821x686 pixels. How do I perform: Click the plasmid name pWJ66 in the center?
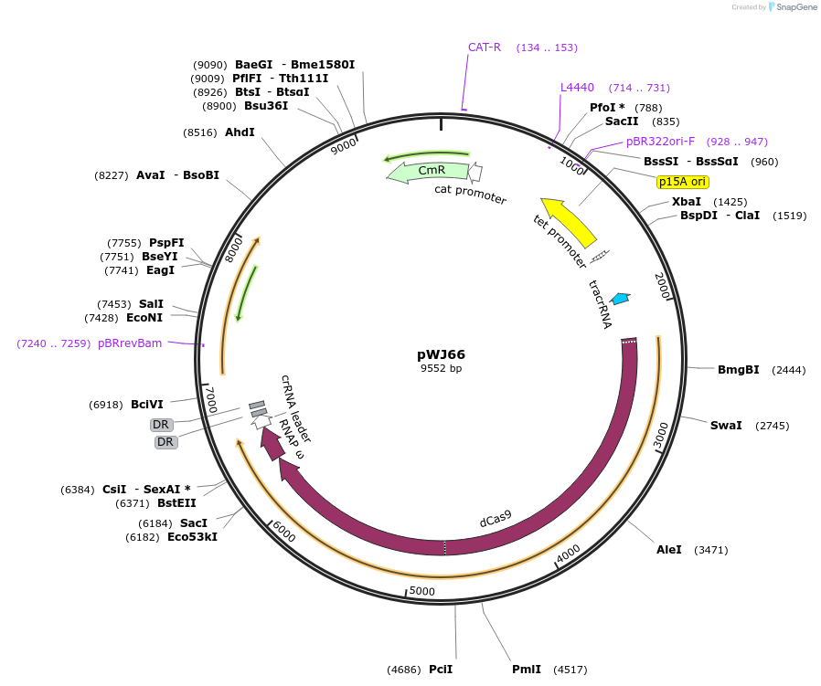click(x=441, y=354)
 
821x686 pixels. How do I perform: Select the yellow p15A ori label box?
click(x=683, y=182)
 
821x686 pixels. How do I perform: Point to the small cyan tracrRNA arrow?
click(x=621, y=298)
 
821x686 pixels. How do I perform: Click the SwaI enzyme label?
click(x=726, y=426)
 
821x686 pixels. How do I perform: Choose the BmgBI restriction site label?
click(x=738, y=370)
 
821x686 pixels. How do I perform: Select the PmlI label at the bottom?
click(x=527, y=670)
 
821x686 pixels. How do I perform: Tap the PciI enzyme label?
click(x=441, y=670)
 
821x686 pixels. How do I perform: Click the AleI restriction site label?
click(x=668, y=550)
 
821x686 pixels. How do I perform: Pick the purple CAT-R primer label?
click(x=485, y=47)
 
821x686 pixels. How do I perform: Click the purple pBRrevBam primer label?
click(x=130, y=343)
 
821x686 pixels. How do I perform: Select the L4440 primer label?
click(x=577, y=88)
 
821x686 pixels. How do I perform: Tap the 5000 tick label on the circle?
click(x=421, y=591)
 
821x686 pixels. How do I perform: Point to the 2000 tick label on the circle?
click(x=664, y=286)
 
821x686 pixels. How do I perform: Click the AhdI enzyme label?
click(x=240, y=132)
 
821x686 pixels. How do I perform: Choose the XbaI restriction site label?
click(x=687, y=201)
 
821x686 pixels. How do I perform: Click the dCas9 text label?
click(x=496, y=520)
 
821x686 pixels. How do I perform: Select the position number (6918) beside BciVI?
click(x=106, y=404)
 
